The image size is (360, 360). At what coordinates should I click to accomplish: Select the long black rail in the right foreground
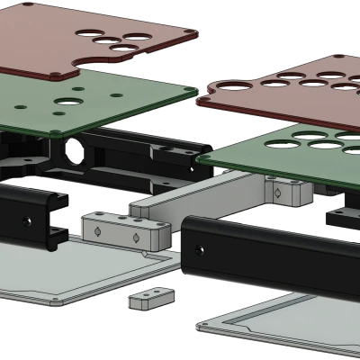[x=270, y=256]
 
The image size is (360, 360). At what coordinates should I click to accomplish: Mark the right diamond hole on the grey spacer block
[x=136, y=238]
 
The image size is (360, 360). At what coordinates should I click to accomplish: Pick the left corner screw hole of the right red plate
[x=216, y=87]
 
